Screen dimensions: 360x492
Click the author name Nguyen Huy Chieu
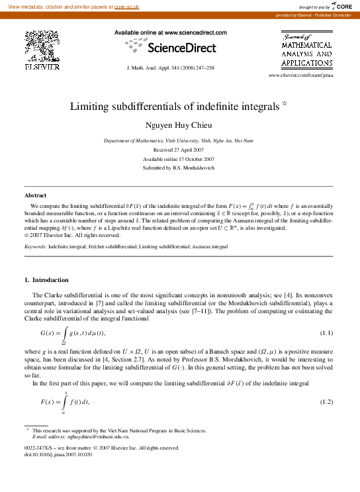(179, 125)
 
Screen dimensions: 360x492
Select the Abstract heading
(36, 195)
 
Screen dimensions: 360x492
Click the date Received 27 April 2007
(179, 150)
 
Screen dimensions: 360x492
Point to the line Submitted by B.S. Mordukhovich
(179, 168)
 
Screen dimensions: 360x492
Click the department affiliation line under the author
(179, 141)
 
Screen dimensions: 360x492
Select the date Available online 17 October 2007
(179, 159)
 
